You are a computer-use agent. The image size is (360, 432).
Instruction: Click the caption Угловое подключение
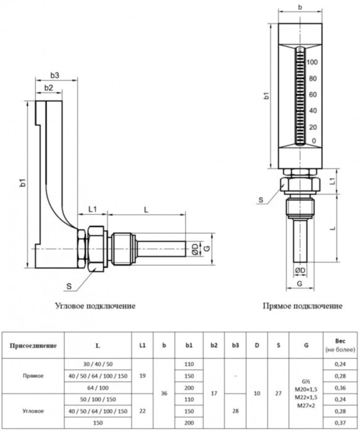95,305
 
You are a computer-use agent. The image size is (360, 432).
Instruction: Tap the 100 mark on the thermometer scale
312,63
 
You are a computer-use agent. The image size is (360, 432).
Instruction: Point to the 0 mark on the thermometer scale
315,143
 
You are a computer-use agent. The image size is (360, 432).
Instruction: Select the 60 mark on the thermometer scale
313,95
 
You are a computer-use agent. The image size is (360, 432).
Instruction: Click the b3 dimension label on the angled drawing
54,75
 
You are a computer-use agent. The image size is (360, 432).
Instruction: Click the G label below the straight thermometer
299,283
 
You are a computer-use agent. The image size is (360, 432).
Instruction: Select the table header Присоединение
35,346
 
